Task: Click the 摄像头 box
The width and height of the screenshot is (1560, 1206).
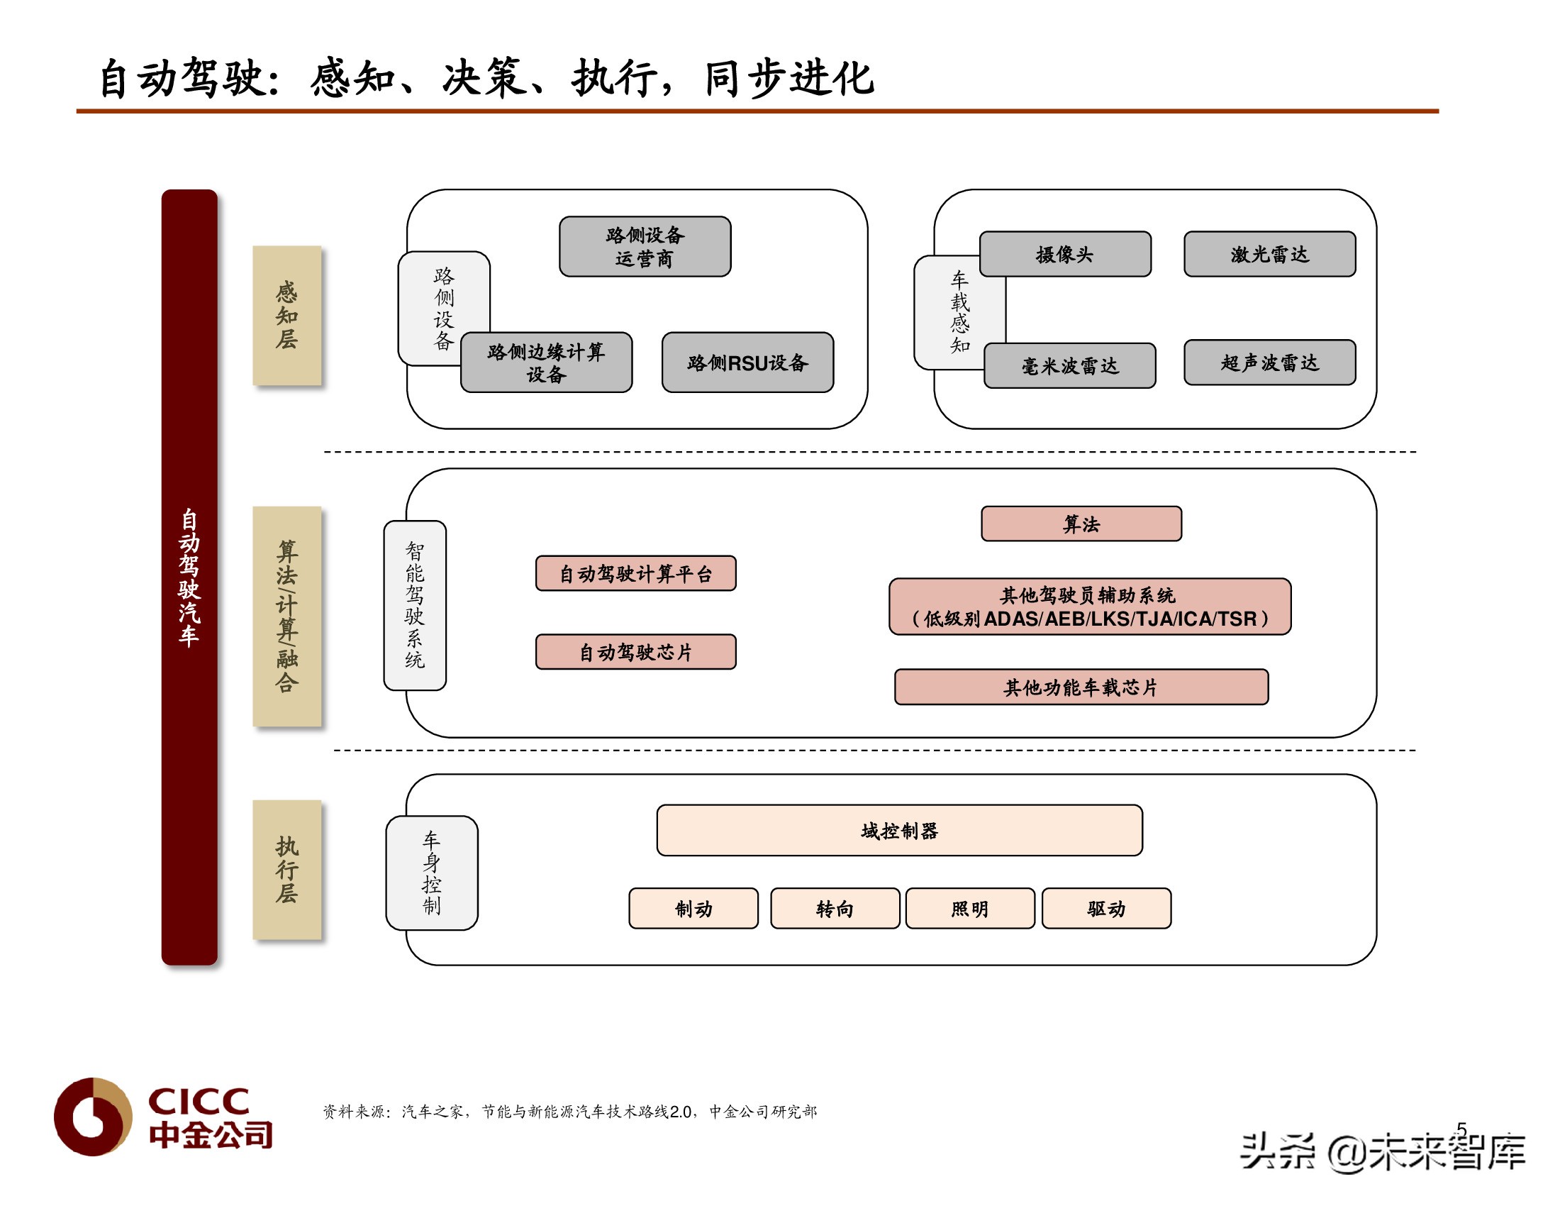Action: pos(1065,254)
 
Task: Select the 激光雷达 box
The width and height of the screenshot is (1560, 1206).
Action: pos(1269,254)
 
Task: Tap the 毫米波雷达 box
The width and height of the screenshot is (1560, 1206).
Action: pos(1069,366)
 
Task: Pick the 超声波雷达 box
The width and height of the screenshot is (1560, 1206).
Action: pos(1269,363)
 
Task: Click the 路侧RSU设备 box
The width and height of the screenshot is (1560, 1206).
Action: pos(747,363)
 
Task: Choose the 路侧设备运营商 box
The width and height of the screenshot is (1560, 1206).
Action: pos(645,246)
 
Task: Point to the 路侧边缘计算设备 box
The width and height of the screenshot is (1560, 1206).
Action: pos(547,363)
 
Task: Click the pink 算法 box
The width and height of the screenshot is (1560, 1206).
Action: pos(1081,524)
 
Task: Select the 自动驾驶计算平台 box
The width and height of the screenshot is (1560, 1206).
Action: pos(636,573)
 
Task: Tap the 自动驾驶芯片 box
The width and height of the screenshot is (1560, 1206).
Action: pos(636,651)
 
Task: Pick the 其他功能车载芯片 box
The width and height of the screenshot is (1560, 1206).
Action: pos(1081,687)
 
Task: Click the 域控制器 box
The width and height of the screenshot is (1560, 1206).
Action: pos(899,830)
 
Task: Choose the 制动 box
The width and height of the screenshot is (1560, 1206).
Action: pos(693,908)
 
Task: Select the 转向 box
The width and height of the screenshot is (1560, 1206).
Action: pos(835,908)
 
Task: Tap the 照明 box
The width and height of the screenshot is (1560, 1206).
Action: pos(970,908)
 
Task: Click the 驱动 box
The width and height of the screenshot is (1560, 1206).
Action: pos(1106,908)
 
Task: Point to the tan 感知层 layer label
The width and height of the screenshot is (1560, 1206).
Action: pos(287,315)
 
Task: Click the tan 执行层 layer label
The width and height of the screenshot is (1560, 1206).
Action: pos(287,870)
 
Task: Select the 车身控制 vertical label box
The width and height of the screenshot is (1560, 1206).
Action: pos(432,873)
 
